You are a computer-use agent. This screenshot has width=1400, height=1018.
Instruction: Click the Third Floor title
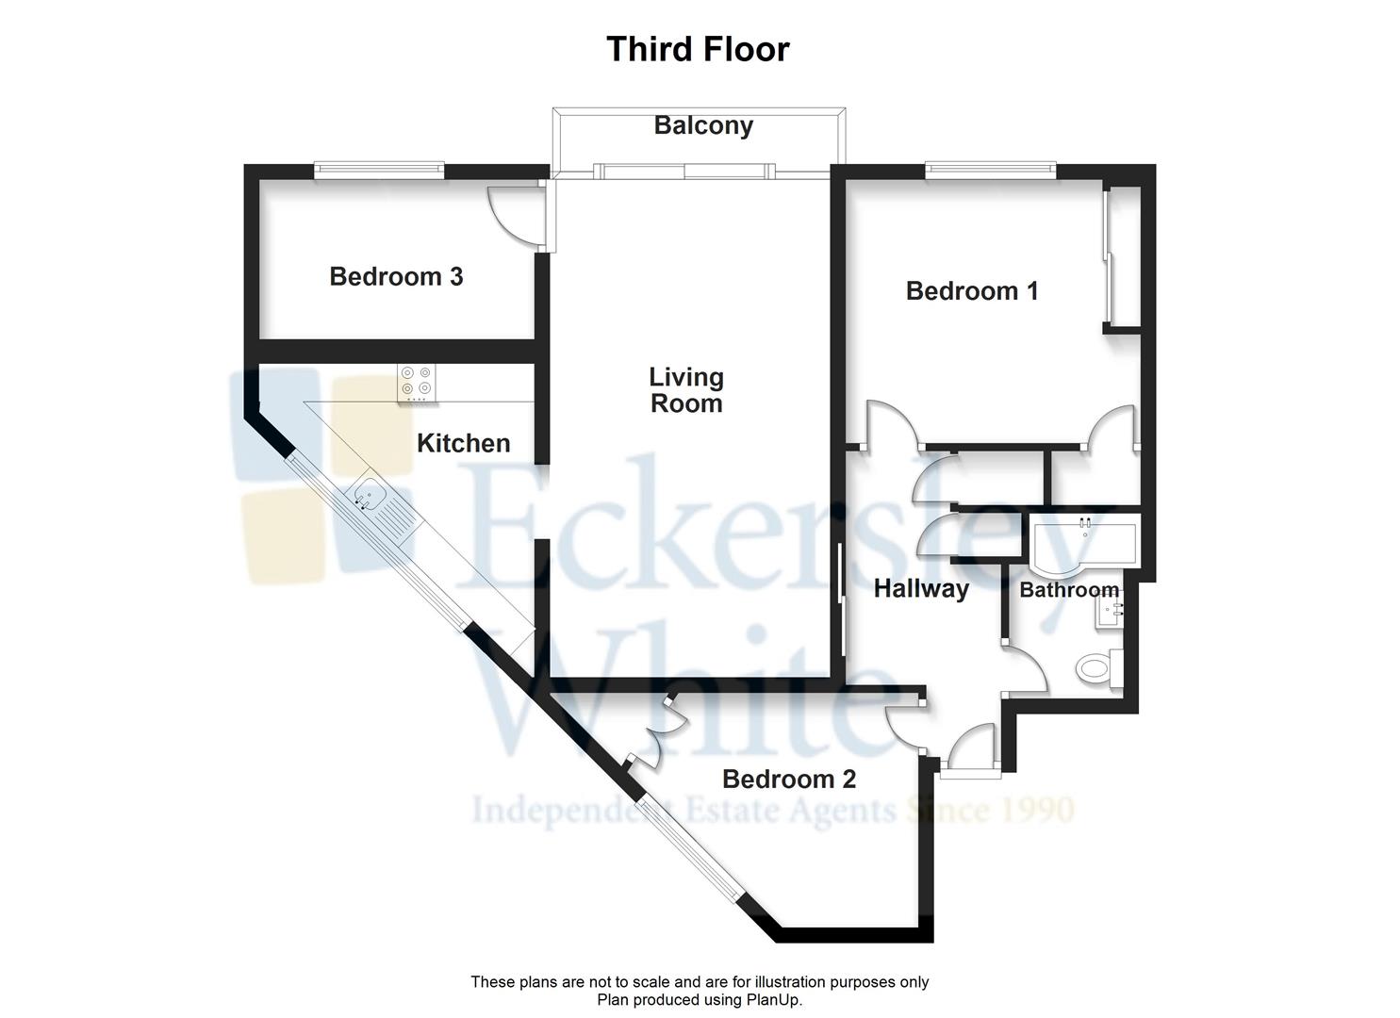698,49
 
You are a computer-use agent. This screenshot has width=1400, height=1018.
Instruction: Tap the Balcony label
703,125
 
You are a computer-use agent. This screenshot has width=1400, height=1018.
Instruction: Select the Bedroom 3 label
396,276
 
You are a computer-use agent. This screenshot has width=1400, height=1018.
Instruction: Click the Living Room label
686,390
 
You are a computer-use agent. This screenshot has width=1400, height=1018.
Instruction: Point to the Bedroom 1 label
972,290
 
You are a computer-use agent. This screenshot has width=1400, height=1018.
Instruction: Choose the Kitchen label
463,443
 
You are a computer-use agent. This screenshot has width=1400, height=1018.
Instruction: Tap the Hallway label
921,589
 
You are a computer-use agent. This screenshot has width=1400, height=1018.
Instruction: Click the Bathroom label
1069,590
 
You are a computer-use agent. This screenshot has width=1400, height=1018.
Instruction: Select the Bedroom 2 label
789,780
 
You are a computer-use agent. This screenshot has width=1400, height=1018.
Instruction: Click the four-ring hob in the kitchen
417,383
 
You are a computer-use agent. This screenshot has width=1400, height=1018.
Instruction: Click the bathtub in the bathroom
1084,543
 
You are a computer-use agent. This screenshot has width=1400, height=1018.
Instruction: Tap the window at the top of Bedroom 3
379,171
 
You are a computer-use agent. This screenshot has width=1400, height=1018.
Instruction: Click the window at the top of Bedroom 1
990,171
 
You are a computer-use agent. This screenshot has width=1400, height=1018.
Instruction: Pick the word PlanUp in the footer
777,999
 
